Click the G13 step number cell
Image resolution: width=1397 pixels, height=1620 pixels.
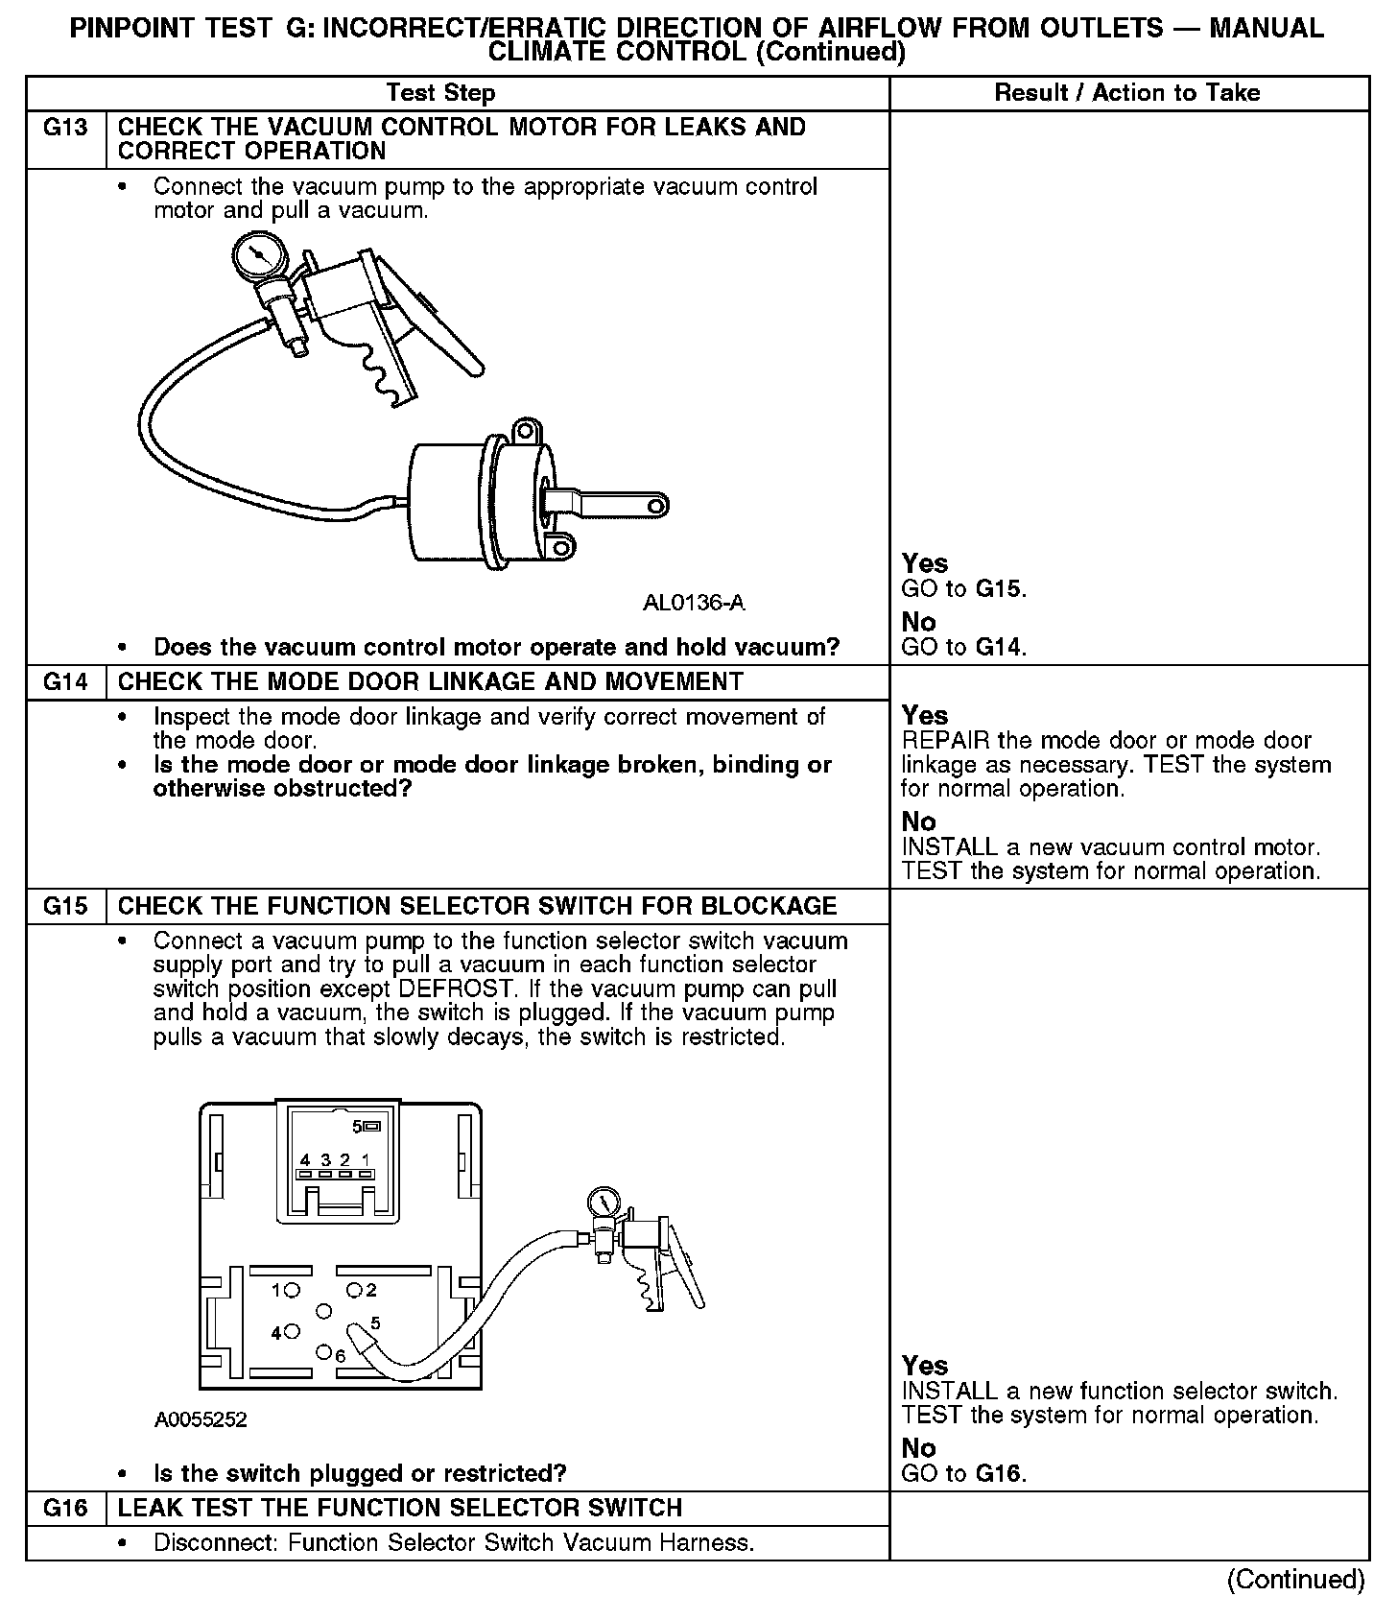(x=65, y=128)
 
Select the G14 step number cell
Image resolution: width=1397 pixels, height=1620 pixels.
(x=65, y=682)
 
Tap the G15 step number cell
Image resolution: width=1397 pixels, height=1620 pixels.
(x=65, y=906)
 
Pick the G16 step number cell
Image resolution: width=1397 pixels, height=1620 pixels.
(x=65, y=1508)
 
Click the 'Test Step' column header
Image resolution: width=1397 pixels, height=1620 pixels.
(x=440, y=93)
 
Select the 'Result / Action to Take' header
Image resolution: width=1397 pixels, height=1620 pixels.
(x=1127, y=93)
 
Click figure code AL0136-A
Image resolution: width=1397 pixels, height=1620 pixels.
(x=693, y=603)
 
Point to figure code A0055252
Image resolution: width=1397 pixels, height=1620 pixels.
(x=201, y=1419)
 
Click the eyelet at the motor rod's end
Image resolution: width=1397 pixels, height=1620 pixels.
(x=656, y=505)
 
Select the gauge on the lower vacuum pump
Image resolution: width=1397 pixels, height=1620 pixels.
(x=604, y=1203)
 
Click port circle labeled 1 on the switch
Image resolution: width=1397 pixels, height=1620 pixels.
(x=292, y=1290)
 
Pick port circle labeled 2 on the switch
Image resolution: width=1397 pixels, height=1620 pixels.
(x=353, y=1289)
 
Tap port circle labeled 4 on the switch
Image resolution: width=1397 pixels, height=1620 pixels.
(x=292, y=1331)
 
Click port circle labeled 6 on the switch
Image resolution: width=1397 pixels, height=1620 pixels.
(x=324, y=1351)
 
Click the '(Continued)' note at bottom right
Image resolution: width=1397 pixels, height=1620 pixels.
(x=1295, y=1579)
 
